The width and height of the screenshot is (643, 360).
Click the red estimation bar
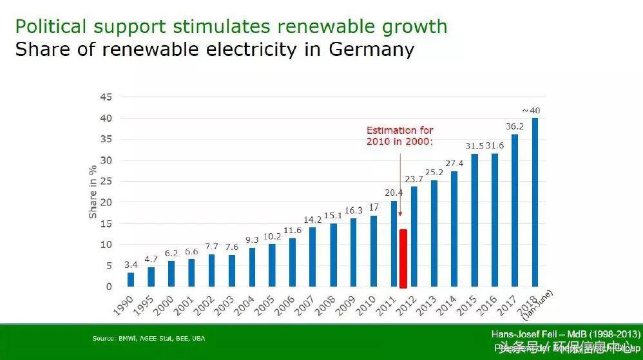pyautogui.click(x=403, y=258)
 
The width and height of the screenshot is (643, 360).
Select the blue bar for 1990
pyautogui.click(x=131, y=279)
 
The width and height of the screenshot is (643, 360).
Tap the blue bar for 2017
pyautogui.click(x=515, y=211)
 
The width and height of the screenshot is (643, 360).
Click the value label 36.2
pyautogui.click(x=515, y=127)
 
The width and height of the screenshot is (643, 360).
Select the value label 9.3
pyautogui.click(x=252, y=240)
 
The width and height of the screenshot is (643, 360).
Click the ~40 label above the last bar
pyautogui.click(x=532, y=111)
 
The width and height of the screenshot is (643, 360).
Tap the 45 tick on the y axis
pyautogui.click(x=106, y=97)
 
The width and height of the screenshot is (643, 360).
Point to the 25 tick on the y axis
pyautogui.click(x=106, y=181)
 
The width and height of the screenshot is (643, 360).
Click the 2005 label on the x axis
pyautogui.click(x=264, y=305)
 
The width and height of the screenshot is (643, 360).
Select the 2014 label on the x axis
pyautogui.click(x=446, y=305)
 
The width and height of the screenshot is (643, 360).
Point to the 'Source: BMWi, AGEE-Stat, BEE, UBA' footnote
pyautogui.click(x=149, y=337)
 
